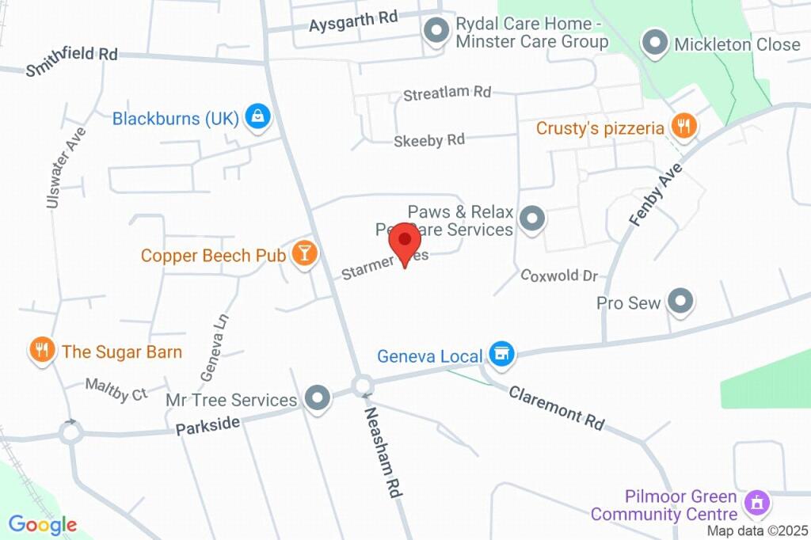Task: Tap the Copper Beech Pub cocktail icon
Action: [x=304, y=253]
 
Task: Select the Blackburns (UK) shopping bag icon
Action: [x=258, y=118]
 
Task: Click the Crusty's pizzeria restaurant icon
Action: [x=683, y=126]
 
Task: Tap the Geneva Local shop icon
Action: [x=501, y=355]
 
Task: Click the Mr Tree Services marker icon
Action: [x=318, y=399]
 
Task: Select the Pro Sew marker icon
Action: [x=680, y=302]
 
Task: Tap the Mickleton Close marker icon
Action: [x=655, y=44]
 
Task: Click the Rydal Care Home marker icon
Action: [x=435, y=32]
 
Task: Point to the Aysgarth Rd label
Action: [x=353, y=21]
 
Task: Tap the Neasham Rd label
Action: [x=384, y=452]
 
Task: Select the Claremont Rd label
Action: [x=557, y=408]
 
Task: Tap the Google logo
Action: [x=43, y=524]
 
